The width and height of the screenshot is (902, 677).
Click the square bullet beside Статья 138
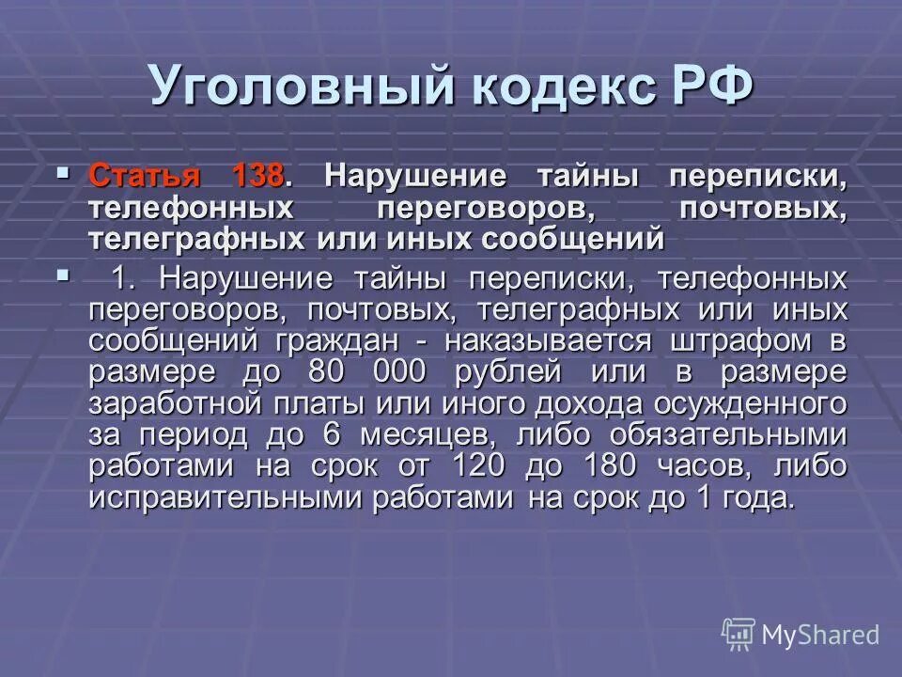coord(63,173)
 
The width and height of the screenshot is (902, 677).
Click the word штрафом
coord(742,340)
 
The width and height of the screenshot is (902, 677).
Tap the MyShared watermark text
coord(820,635)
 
